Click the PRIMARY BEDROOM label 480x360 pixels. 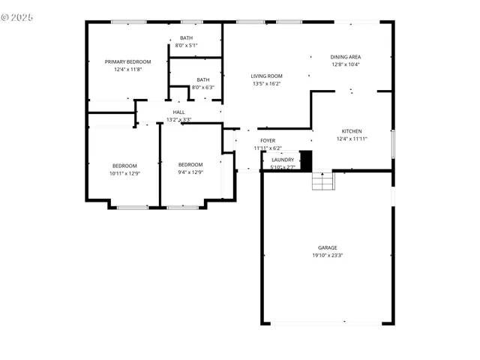tap(127, 61)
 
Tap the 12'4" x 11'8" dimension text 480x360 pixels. tap(127, 69)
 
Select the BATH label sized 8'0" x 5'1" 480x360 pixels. tap(186, 38)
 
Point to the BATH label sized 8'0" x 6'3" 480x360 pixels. tap(202, 79)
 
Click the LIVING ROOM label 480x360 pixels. tap(266, 76)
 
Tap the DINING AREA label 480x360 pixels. tap(346, 57)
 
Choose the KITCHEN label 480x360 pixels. tap(352, 131)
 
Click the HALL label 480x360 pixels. tap(178, 112)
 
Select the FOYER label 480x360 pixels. tap(268, 140)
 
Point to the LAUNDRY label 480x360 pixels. tap(283, 159)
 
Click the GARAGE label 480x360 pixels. tap(327, 247)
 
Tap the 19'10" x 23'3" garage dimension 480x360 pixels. tap(327, 255)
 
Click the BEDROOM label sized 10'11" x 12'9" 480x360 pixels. tap(124, 166)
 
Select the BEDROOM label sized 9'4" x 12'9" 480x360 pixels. tap(190, 165)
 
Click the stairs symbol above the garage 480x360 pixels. tap(322, 181)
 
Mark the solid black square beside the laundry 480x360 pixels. tap(305, 160)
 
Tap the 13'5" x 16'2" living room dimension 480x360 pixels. tap(266, 83)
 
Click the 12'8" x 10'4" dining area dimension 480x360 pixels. tap(346, 64)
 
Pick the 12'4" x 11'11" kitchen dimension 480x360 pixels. tap(352, 139)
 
